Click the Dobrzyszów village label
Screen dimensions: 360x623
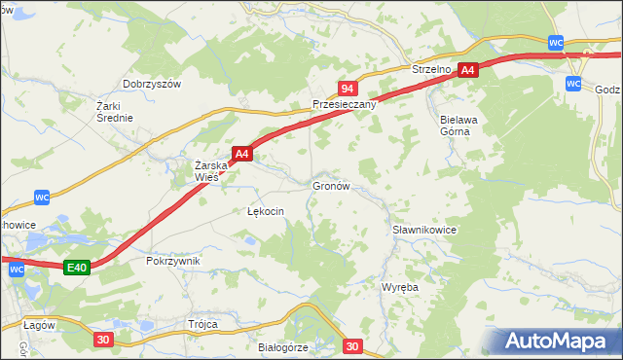tap(152, 85)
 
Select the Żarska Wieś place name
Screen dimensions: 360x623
tap(211, 171)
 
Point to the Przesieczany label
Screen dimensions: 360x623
tap(344, 104)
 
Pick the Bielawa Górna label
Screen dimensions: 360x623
tap(449, 124)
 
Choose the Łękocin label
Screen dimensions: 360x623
tap(266, 211)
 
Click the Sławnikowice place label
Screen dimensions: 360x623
tap(424, 230)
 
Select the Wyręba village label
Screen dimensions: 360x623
tap(399, 288)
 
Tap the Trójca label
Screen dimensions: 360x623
tap(202, 324)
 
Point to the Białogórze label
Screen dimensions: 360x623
tap(283, 347)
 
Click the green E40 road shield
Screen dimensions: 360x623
tap(78, 268)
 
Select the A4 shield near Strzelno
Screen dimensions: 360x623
tap(468, 70)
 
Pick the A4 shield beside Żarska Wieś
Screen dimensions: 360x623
tap(242, 153)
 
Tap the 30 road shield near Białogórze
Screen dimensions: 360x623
tap(352, 345)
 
